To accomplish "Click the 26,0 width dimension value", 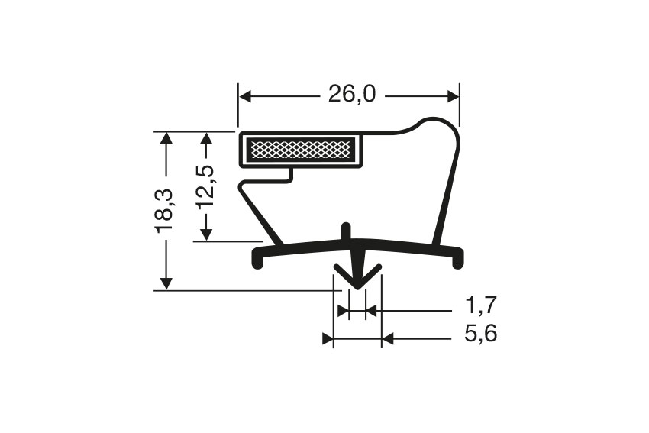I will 352,95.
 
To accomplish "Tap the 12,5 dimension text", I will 205,186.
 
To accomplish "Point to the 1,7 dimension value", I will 481,307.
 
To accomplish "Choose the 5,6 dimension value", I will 481,334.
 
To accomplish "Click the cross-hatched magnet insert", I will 302,150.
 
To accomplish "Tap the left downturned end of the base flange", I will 257,261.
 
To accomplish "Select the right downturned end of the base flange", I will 457,261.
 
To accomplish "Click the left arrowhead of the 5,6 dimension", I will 328,339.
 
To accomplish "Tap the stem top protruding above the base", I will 347,230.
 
